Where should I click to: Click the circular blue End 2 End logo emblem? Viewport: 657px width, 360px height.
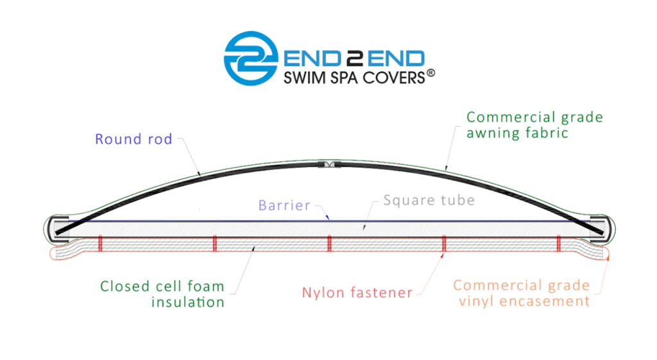(251, 58)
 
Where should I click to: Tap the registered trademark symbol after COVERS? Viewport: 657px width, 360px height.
(431, 74)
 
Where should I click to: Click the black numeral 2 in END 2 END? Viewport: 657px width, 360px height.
(354, 58)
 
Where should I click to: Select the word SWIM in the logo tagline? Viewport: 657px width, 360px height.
(301, 78)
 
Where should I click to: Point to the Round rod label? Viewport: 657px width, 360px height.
(133, 139)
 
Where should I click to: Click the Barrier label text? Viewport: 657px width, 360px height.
(284, 205)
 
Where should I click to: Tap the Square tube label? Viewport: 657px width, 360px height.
(429, 200)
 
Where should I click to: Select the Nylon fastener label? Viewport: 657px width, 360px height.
(357, 293)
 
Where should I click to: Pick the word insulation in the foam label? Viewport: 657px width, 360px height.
(188, 302)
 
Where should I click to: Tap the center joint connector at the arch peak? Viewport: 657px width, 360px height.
(329, 164)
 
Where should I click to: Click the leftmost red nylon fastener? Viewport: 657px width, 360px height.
(100, 243)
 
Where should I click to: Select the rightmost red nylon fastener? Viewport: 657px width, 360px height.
(559, 243)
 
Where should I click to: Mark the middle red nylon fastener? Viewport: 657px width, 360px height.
(329, 243)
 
